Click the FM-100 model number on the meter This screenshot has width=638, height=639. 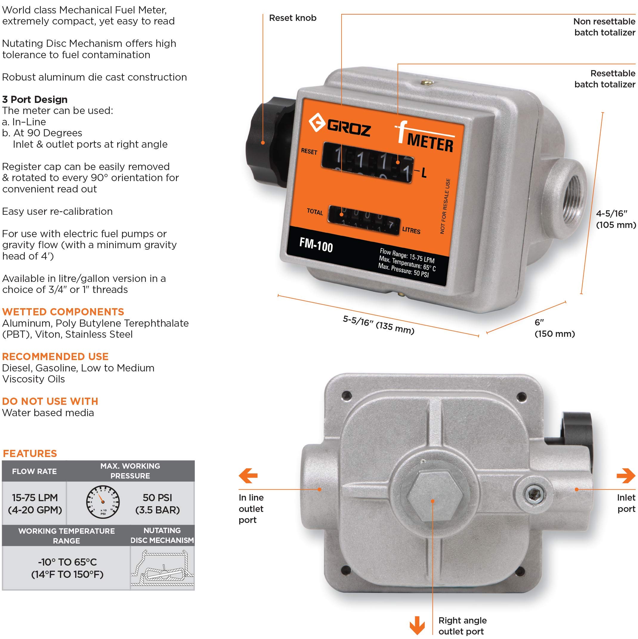[x=316, y=245]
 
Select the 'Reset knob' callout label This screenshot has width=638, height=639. [x=293, y=18]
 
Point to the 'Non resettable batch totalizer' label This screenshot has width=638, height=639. [x=604, y=27]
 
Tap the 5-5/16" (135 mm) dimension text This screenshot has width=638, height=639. [x=379, y=325]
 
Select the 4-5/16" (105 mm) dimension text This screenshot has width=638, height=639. [x=616, y=219]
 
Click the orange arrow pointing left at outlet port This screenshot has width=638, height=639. [x=248, y=476]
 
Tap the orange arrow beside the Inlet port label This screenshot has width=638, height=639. [x=626, y=476]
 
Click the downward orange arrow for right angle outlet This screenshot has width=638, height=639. [x=417, y=625]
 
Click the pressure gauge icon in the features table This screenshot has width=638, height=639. [x=103, y=502]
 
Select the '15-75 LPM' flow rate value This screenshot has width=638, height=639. [x=35, y=497]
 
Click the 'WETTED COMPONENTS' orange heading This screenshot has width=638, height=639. [x=63, y=312]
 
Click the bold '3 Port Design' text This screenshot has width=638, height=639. [x=35, y=100]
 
